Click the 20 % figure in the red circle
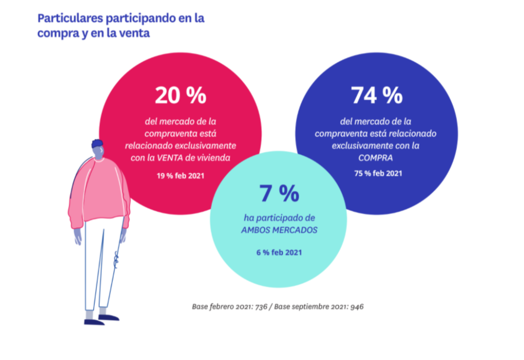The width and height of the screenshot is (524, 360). [x=180, y=95]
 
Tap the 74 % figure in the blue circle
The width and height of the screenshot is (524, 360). [x=376, y=95]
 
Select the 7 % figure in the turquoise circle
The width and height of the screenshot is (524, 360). [x=279, y=193]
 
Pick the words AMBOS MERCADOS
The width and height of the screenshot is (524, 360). [x=279, y=230]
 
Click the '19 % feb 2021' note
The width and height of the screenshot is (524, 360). [x=180, y=176]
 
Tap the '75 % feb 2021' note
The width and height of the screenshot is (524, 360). [x=376, y=174]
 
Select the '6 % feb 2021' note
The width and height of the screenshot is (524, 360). [x=279, y=252]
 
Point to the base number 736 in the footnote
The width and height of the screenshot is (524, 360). [x=262, y=306]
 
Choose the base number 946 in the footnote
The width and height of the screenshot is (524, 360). [x=356, y=306]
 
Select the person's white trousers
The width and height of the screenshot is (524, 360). [x=102, y=264]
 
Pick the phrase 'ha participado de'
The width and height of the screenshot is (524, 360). [x=279, y=217]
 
